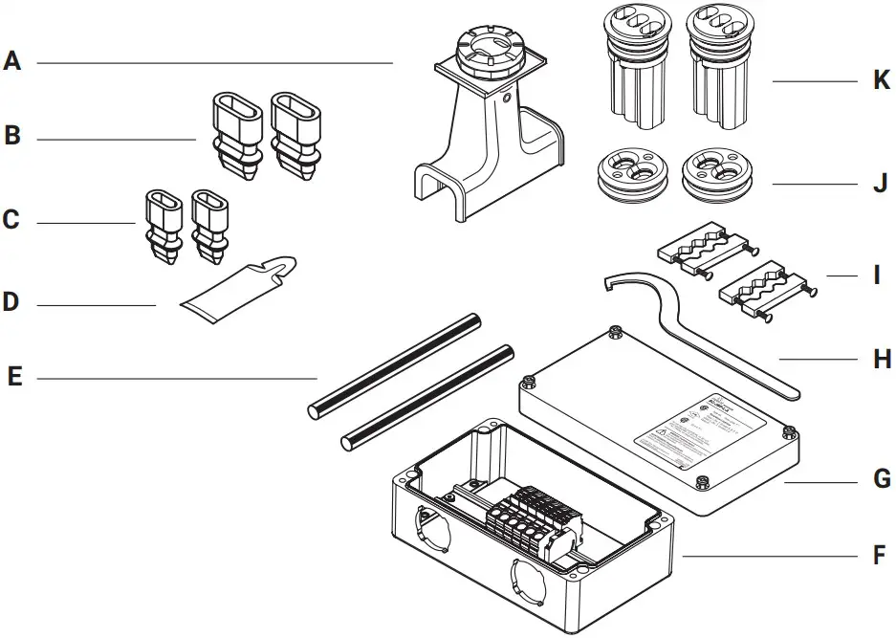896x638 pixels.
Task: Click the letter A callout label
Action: pyautogui.click(x=11, y=62)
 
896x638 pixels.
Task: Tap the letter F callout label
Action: pyautogui.click(x=880, y=556)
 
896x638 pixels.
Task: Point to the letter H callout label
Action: pyautogui.click(x=882, y=360)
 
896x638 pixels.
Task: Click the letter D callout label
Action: pyautogui.click(x=11, y=303)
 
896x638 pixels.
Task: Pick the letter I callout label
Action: pyautogui.click(x=877, y=277)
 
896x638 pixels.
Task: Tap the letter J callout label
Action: pyautogui.click(x=881, y=184)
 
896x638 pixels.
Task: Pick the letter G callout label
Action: pyautogui.click(x=882, y=478)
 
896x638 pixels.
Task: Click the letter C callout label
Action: pyautogui.click(x=11, y=220)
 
